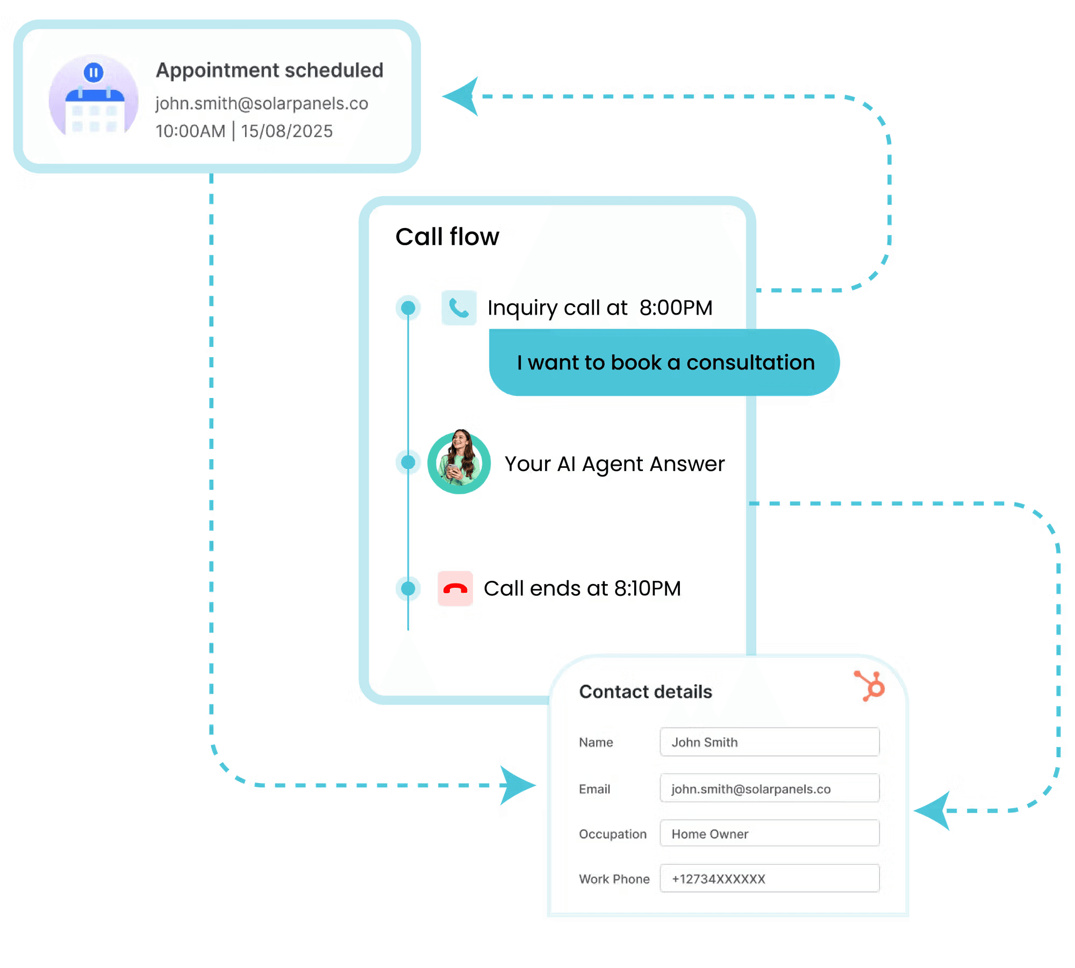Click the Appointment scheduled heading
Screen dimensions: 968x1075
click(269, 70)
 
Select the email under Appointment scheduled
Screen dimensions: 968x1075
click(262, 103)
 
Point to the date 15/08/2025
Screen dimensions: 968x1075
click(286, 131)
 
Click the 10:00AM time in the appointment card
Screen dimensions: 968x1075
click(190, 131)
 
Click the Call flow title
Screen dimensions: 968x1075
click(447, 237)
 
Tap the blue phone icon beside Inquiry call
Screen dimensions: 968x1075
click(458, 308)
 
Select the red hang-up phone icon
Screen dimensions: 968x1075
click(455, 588)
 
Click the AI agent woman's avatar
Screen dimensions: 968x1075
click(459, 462)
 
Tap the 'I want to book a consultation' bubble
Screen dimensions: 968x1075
click(665, 363)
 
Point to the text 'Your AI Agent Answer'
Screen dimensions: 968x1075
click(614, 464)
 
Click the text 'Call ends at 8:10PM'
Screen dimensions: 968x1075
click(582, 588)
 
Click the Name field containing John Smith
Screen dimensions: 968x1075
click(769, 742)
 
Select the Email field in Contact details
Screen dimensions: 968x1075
click(769, 788)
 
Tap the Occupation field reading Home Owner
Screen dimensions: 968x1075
click(769, 834)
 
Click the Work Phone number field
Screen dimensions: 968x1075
click(769, 879)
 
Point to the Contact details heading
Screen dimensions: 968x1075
click(646, 692)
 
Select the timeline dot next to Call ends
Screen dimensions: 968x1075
click(408, 588)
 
